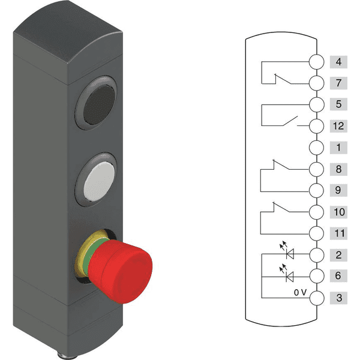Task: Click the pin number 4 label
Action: coord(338,61)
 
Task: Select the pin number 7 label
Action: coord(338,82)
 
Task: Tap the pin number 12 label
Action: coord(338,125)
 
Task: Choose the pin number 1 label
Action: coord(338,147)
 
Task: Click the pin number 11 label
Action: coord(338,233)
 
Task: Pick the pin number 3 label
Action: coord(338,298)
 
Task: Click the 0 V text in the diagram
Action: coord(300,292)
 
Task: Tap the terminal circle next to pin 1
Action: coord(316,147)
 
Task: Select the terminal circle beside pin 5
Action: coord(316,104)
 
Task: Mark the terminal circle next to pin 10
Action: coord(316,212)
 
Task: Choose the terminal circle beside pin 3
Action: coord(316,298)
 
